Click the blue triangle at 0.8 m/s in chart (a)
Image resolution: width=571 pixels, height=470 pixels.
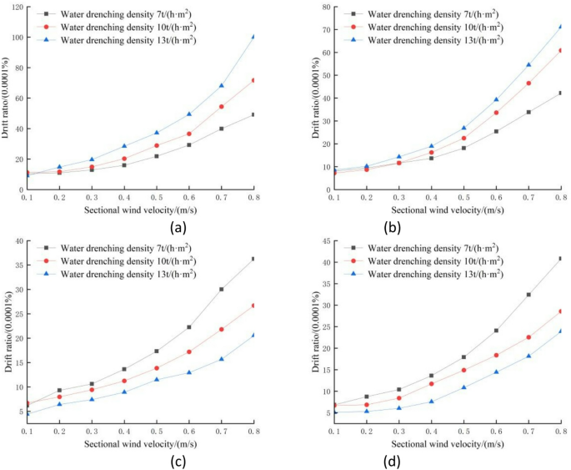253,37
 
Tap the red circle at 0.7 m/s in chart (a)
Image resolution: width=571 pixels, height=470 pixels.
221,107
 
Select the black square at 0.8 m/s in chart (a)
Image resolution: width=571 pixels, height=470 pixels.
253,114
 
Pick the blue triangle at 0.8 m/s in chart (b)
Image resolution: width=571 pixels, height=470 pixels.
561,27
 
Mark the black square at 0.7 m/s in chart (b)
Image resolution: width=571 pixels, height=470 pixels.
528,112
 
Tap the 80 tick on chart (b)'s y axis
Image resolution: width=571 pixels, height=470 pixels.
325,7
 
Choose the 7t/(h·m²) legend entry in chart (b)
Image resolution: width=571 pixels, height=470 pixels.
433,14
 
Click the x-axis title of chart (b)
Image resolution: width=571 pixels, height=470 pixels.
448,210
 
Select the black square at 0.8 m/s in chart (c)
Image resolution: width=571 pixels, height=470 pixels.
253,259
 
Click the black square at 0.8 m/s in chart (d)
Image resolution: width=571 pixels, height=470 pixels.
561,259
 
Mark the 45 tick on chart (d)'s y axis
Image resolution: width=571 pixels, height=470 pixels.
325,241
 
